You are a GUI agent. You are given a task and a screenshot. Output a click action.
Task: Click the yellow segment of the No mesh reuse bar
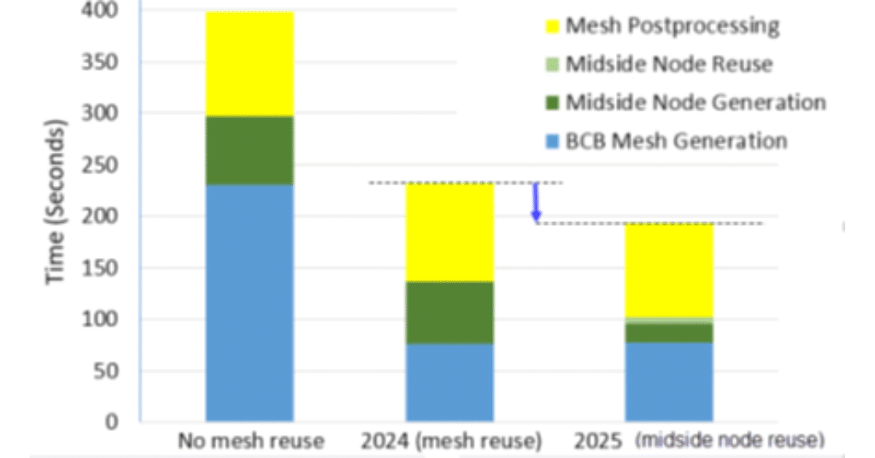pos(250,64)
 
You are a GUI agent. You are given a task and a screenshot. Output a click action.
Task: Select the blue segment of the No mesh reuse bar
pos(250,303)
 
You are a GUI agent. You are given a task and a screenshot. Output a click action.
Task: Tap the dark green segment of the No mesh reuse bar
pos(250,150)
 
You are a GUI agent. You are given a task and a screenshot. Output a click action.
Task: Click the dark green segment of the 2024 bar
pos(449,313)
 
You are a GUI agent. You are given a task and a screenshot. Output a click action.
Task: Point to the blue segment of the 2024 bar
pos(449,383)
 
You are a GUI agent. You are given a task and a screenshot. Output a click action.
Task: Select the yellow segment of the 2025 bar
pos(670,270)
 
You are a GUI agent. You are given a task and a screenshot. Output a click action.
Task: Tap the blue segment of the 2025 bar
pos(670,382)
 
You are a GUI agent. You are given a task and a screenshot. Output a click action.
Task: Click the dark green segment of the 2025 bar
pos(670,332)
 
